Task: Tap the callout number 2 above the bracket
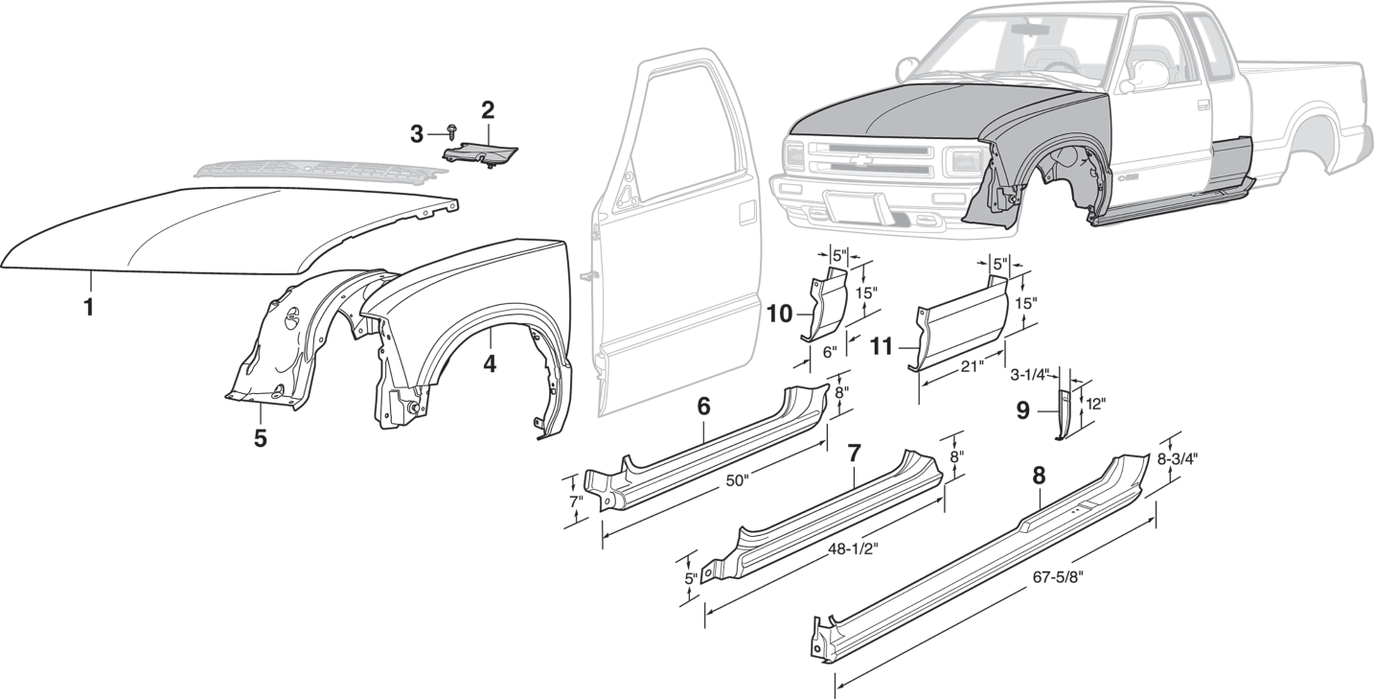coord(488,110)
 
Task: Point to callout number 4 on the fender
coord(490,364)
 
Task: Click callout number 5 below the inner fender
coord(260,438)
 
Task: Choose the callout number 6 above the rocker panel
coord(703,406)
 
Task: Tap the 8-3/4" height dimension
coord(1177,458)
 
